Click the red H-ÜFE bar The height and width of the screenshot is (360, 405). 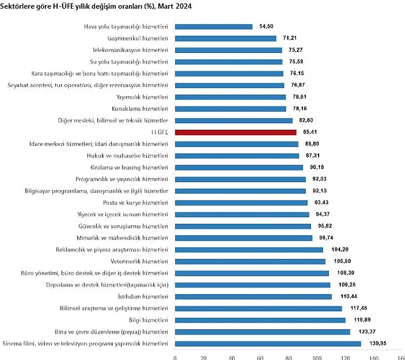point(236,132)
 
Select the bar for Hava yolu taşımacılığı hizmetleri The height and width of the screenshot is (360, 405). point(214,26)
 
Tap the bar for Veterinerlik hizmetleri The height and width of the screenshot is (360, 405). point(251,261)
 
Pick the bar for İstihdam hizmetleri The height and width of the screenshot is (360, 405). point(254,296)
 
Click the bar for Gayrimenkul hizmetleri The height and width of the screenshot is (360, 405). point(226,38)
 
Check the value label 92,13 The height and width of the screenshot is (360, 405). point(318,191)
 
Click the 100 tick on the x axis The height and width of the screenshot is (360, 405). point(317,357)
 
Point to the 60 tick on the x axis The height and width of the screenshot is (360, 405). point(260,357)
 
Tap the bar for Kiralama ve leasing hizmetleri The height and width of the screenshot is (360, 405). point(239,168)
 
